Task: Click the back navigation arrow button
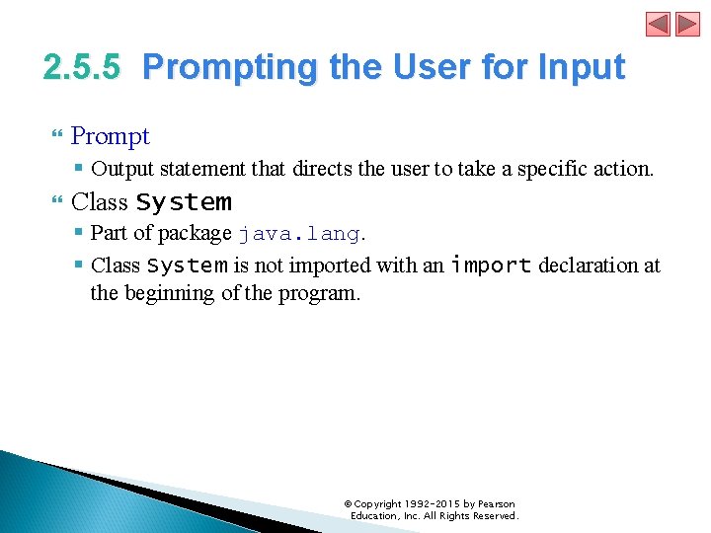tap(658, 24)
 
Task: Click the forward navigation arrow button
tap(687, 24)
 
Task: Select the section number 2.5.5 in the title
tap(82, 67)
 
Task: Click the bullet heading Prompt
tap(110, 136)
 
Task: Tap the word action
tap(626, 169)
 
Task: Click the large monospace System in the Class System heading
tap(184, 202)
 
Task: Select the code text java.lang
tap(299, 234)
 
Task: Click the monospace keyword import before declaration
tap(491, 265)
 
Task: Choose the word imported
tap(333, 266)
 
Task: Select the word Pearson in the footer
tap(496, 504)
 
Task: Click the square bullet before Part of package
tap(78, 234)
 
